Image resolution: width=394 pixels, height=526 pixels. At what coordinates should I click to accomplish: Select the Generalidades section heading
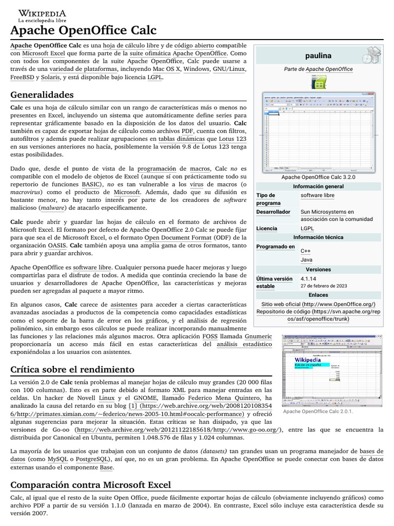(42, 95)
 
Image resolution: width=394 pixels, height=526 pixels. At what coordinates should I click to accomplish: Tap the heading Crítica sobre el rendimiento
(72, 369)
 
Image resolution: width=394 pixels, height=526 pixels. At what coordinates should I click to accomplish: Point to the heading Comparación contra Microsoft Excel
(90, 484)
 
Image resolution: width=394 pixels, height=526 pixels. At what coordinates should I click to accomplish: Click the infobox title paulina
(318, 55)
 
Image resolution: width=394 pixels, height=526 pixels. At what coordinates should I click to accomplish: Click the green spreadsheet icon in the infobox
(318, 82)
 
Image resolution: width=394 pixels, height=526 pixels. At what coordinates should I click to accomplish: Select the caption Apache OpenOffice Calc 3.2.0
(318, 177)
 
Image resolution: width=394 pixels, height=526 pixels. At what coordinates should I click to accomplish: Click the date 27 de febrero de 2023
(324, 286)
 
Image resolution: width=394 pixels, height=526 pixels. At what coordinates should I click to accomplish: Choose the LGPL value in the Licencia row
(307, 228)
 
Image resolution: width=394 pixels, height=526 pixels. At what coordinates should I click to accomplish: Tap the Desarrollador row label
(273, 212)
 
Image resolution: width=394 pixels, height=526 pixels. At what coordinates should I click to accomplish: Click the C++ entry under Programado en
(306, 251)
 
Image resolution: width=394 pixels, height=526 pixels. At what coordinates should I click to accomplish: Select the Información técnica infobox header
(318, 237)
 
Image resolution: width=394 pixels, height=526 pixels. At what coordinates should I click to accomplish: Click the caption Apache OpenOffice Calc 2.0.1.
(318, 411)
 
